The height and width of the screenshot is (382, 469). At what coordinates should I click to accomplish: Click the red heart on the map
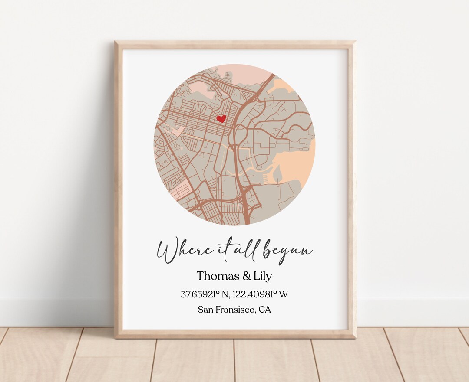coord(221,118)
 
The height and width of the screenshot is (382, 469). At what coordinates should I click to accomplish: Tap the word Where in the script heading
coord(178,251)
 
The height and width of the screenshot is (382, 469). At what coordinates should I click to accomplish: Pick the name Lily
coord(261,276)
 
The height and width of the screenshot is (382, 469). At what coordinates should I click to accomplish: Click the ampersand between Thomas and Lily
coord(243,276)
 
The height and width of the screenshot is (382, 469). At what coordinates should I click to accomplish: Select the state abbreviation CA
coord(265,310)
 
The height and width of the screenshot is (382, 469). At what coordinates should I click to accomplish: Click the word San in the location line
coord(205,310)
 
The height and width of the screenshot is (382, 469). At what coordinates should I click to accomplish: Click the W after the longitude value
coord(284,294)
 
